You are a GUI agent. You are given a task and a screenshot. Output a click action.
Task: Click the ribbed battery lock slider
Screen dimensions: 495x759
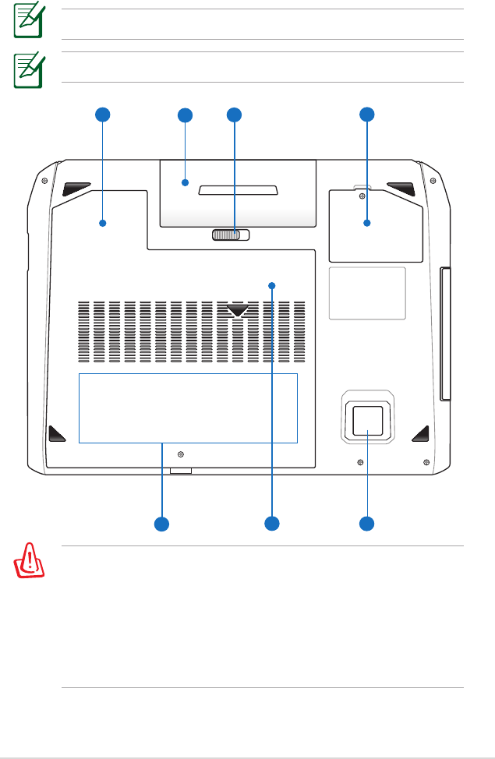click(x=230, y=235)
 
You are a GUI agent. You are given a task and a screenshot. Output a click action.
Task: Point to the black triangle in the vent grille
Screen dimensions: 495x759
click(x=238, y=311)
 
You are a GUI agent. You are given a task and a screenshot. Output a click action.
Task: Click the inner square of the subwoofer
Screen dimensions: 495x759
click(x=366, y=420)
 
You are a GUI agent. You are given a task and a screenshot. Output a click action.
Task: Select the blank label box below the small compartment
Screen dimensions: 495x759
click(x=367, y=292)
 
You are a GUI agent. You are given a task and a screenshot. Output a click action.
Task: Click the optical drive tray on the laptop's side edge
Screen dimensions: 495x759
click(x=445, y=334)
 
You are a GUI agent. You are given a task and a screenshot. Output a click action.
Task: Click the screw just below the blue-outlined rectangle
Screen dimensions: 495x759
click(x=181, y=453)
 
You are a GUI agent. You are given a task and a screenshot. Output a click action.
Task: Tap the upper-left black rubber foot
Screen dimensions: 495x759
click(x=77, y=188)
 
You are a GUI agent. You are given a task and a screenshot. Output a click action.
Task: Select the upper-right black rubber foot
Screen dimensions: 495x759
click(x=400, y=188)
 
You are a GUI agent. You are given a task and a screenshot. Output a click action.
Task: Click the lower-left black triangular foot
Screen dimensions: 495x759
click(x=57, y=432)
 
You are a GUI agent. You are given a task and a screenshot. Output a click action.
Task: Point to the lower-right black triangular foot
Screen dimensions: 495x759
click(x=420, y=432)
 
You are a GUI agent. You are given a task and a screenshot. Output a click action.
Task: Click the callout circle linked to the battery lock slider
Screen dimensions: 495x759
click(x=234, y=115)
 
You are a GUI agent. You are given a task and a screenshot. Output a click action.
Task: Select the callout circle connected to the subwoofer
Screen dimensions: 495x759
click(x=366, y=522)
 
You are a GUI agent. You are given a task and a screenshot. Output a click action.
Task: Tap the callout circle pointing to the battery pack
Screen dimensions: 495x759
click(x=185, y=115)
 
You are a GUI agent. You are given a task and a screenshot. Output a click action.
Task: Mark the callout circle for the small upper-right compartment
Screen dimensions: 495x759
click(x=366, y=115)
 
